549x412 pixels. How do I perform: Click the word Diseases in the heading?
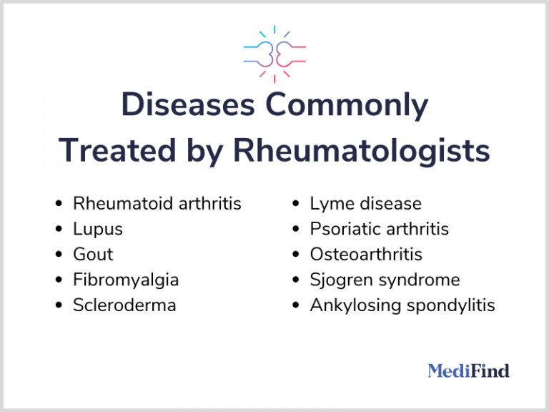click(185, 105)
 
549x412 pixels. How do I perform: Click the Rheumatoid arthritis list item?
click(157, 204)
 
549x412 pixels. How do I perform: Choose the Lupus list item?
click(97, 229)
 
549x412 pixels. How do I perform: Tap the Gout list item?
click(93, 255)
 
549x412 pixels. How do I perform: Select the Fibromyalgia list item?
click(126, 280)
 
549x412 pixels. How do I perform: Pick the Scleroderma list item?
click(124, 305)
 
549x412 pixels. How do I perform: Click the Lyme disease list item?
click(365, 204)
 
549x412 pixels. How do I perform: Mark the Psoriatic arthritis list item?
click(379, 229)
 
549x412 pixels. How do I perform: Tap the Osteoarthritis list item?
click(366, 255)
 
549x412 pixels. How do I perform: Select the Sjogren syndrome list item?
click(385, 280)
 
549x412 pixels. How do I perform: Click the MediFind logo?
click(468, 371)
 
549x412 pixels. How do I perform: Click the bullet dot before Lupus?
click(59, 230)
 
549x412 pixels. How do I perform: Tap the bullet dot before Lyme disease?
click(295, 205)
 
